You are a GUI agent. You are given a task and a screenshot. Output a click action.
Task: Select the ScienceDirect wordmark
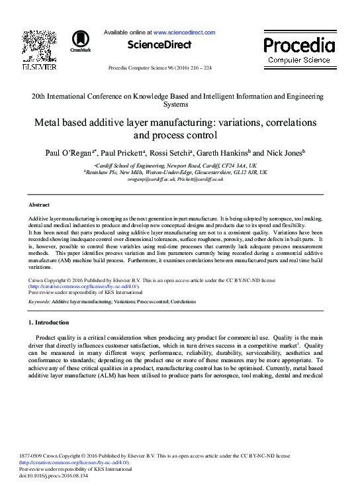click(159, 45)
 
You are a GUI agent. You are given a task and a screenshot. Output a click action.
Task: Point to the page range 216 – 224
click(199, 68)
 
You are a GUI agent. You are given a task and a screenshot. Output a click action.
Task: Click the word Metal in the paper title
click(50, 123)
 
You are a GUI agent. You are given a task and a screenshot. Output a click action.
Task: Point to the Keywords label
click(39, 301)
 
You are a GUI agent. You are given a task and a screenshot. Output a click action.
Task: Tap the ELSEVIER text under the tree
click(40, 66)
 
